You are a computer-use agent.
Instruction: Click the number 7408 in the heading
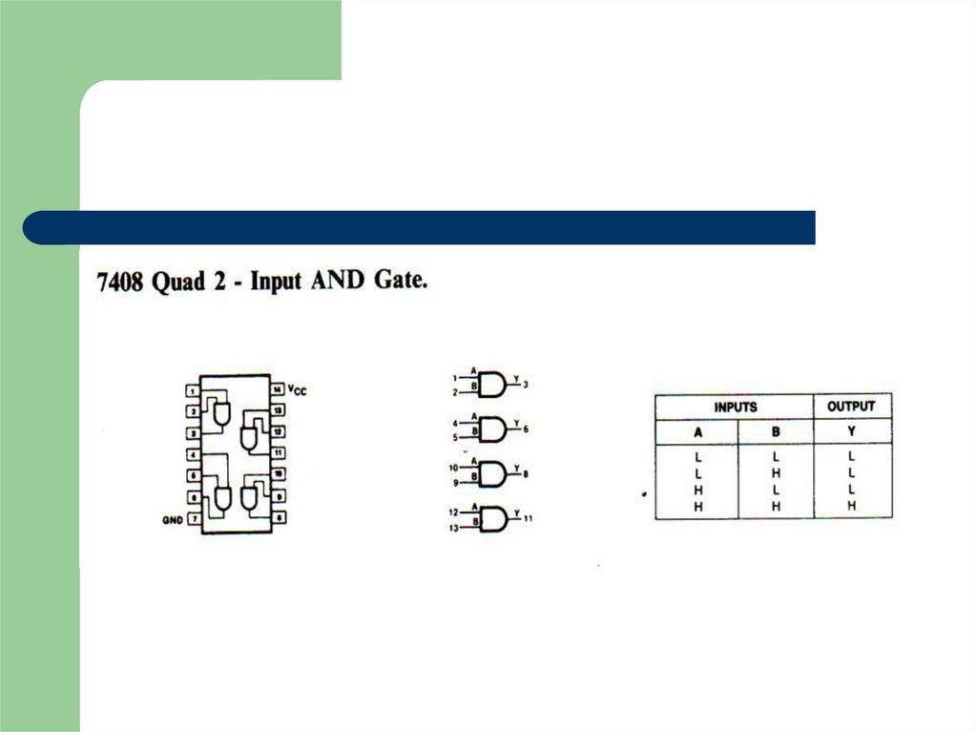point(120,284)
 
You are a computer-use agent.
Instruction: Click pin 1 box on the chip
point(194,390)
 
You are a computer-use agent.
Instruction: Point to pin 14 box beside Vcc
point(278,389)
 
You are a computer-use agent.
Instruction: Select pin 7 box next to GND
point(194,519)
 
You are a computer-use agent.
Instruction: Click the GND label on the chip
point(172,520)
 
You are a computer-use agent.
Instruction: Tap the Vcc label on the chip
point(297,390)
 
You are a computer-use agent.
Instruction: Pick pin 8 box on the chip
point(278,518)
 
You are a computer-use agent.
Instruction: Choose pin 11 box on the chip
point(278,453)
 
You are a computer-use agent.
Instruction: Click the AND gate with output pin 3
point(492,385)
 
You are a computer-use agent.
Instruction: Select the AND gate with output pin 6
point(492,429)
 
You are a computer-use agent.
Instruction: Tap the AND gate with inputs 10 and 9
point(492,474)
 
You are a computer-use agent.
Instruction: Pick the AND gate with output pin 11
point(492,519)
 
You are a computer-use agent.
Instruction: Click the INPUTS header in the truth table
point(735,407)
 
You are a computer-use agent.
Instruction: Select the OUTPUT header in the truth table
point(851,407)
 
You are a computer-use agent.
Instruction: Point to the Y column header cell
point(851,431)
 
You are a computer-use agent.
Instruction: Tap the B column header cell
point(776,431)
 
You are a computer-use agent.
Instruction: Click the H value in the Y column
point(851,506)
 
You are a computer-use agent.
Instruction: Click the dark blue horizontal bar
point(420,228)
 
